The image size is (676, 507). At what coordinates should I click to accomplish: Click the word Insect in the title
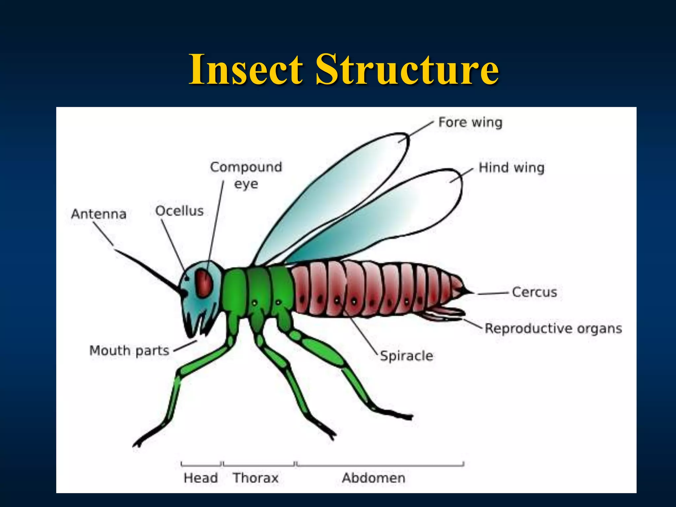[246, 70]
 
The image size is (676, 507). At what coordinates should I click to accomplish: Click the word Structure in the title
[407, 70]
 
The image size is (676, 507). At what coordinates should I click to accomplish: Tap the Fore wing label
[470, 122]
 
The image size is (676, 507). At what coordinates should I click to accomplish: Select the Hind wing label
[511, 168]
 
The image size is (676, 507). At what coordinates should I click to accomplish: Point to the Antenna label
[99, 214]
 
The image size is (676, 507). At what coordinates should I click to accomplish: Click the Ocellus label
[179, 211]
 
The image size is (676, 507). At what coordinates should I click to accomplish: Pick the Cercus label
[534, 292]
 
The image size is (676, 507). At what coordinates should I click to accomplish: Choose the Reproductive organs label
[553, 328]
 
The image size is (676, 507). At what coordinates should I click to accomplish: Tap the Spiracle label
[406, 356]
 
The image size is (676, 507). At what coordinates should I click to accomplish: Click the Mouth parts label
[129, 351]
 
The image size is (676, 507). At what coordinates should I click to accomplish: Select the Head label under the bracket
[200, 478]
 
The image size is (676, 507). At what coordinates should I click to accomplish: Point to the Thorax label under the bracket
[255, 478]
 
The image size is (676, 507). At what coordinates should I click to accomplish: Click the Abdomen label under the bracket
[373, 478]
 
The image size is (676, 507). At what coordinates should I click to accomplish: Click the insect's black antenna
[149, 271]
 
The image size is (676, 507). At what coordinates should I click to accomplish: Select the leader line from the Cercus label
[492, 293]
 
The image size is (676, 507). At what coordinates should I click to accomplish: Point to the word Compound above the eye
[246, 167]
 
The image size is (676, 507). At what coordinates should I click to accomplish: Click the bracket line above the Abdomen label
[380, 465]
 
